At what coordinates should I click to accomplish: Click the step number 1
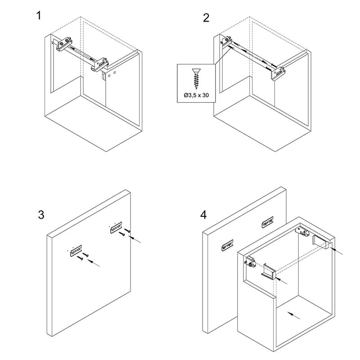coord(39,16)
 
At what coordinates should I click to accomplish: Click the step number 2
coord(206,18)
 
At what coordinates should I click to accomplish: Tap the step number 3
coord(41,215)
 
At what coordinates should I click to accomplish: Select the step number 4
coord(203,215)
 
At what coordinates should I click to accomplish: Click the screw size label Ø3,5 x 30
coord(196,95)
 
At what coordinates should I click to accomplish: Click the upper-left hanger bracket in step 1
coord(64,44)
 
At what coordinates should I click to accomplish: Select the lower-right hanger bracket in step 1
coord(99,64)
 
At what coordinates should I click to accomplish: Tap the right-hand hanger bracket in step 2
coord(278,73)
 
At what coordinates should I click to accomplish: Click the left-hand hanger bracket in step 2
coord(227,41)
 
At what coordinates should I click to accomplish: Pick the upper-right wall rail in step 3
coord(116,228)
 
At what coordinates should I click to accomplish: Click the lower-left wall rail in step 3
coord(76,251)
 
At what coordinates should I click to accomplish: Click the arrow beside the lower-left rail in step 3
coord(94,263)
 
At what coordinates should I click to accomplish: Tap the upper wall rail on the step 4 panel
coord(268,222)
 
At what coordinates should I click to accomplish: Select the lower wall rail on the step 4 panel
coord(227,245)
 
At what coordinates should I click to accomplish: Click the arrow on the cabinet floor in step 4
coord(294,315)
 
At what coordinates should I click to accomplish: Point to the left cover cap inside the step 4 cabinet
coord(268,272)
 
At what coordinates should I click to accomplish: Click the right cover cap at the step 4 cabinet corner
coord(321,242)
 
